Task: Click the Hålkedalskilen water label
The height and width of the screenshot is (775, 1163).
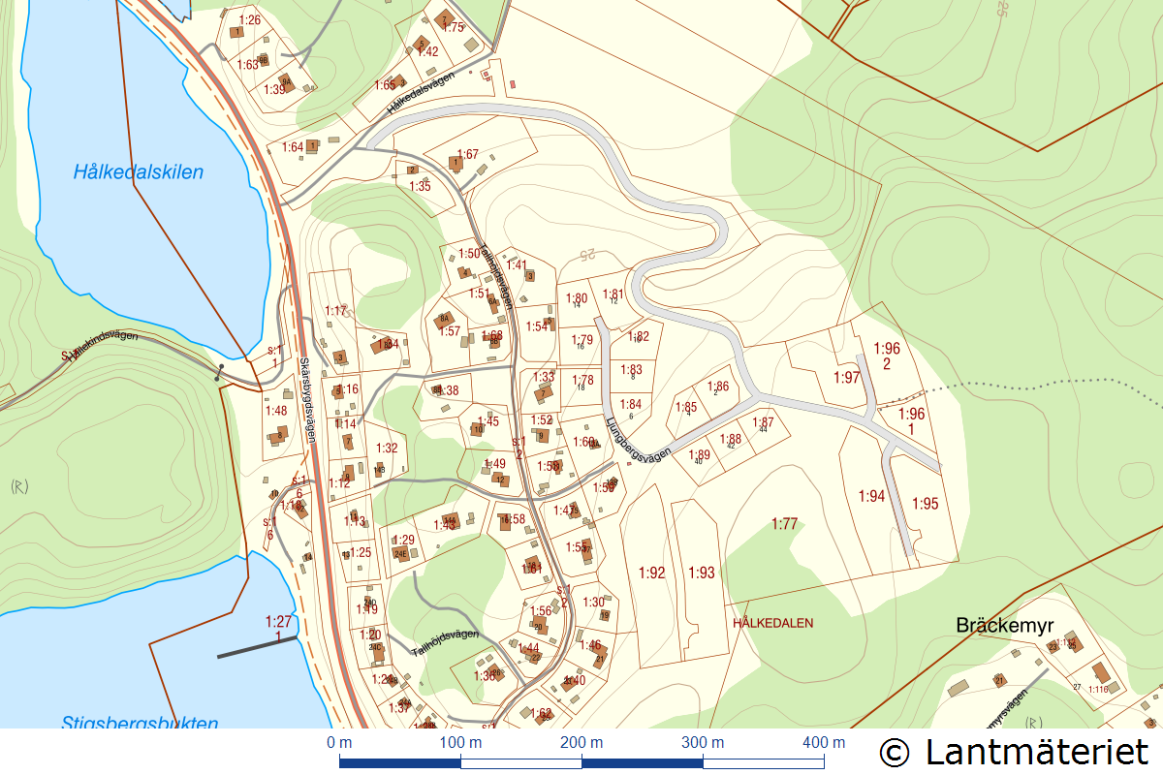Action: point(139,172)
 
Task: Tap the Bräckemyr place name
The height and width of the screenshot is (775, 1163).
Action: point(1004,625)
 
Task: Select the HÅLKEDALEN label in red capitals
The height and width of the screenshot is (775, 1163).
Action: point(772,623)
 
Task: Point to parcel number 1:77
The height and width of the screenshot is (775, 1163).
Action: point(784,524)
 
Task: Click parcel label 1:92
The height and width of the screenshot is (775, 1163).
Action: point(652,573)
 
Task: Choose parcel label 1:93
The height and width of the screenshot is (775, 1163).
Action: point(701,573)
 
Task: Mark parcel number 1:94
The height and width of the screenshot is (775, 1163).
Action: point(871,496)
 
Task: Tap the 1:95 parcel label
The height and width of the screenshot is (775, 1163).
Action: point(925,504)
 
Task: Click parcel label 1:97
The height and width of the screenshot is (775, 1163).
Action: point(846,378)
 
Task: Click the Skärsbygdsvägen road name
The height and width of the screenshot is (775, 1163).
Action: point(307,398)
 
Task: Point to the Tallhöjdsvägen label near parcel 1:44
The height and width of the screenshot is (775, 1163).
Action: point(445,641)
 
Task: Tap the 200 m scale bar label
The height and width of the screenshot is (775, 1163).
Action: point(581,743)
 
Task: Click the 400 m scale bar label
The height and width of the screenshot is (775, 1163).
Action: point(824,743)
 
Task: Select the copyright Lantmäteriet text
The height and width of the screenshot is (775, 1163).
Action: point(1014,752)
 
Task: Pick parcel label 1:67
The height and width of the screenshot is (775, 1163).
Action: point(467,154)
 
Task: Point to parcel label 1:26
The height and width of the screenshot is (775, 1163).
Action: point(249,19)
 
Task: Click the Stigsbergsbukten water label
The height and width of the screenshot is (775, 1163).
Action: point(140,722)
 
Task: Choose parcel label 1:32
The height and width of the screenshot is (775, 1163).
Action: point(387,448)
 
